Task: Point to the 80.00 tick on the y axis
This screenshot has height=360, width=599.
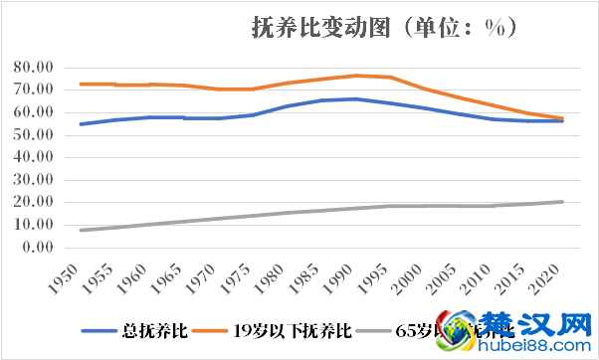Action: click(x=36, y=67)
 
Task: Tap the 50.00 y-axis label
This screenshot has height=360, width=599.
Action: click(x=36, y=134)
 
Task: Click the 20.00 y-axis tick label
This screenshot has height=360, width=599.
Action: click(x=36, y=202)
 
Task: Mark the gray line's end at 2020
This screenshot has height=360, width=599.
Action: click(x=562, y=202)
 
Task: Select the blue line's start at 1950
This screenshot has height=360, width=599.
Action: click(x=82, y=124)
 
